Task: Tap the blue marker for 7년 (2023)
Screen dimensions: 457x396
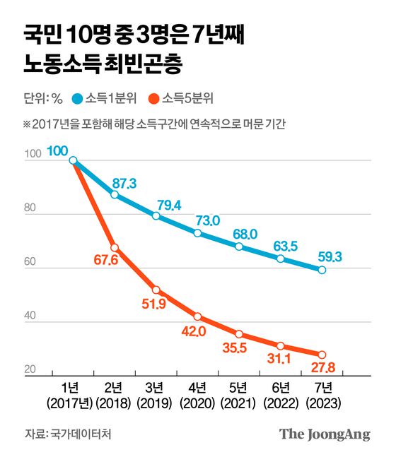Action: (x=322, y=270)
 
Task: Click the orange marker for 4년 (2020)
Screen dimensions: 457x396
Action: (x=197, y=316)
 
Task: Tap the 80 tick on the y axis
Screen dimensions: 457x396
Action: (x=30, y=208)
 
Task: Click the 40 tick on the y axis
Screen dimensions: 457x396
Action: (x=30, y=317)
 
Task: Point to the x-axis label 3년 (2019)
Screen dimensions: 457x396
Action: (x=156, y=396)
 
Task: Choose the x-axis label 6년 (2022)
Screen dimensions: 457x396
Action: (x=281, y=396)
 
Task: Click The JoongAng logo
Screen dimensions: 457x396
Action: (x=325, y=434)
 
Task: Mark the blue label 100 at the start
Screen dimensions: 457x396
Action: (x=58, y=150)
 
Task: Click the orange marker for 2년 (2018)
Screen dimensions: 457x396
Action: (x=115, y=247)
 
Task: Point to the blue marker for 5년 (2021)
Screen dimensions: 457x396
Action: (x=239, y=247)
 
